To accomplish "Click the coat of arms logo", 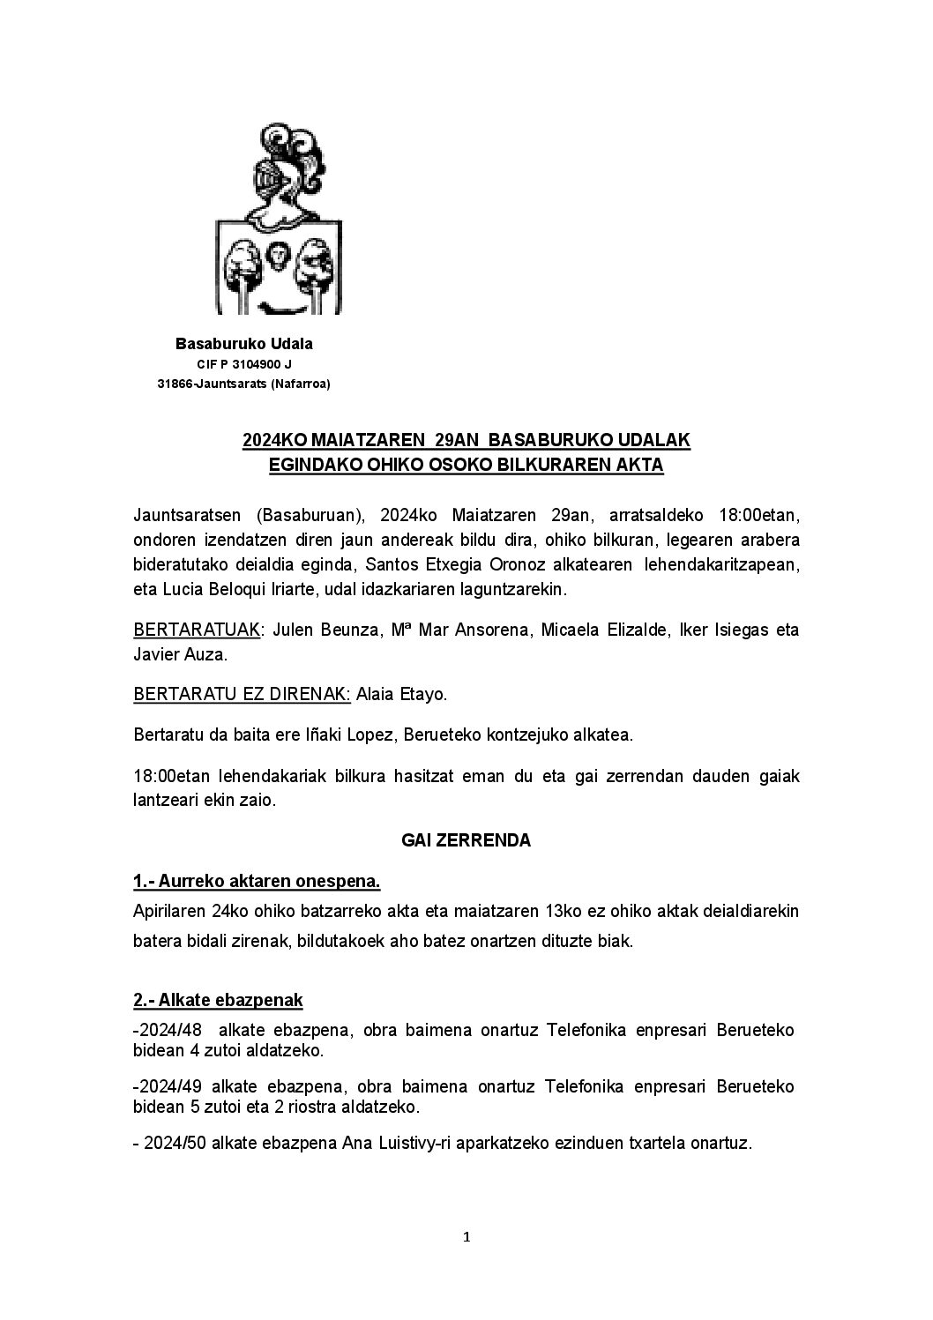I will tap(280, 220).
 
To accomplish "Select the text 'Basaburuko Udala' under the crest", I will tap(244, 344).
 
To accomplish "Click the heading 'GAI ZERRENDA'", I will tap(466, 840).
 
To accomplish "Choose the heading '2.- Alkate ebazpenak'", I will tap(218, 1000).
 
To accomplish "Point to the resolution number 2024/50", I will tap(172, 1144).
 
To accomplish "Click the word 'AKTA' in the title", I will tap(640, 464).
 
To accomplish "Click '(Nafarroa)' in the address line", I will tap(301, 384).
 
